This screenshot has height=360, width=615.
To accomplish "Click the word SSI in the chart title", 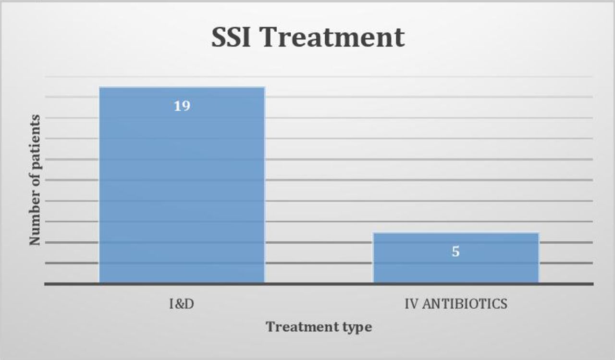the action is [x=231, y=37].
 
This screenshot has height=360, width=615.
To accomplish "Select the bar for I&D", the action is [x=182, y=185].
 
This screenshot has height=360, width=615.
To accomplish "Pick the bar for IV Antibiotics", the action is [x=456, y=258].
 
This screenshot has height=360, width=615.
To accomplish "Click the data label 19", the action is [x=182, y=106].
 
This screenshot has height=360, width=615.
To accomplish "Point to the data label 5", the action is [x=456, y=251].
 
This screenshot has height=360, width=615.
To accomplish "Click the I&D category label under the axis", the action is [x=182, y=304].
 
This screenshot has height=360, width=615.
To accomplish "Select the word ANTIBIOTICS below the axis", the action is [x=465, y=304].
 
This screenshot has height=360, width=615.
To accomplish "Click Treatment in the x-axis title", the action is [x=302, y=327].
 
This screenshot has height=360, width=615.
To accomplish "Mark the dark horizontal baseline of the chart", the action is [x=319, y=284].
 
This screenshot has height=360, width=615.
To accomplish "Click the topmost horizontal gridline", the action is [x=319, y=76].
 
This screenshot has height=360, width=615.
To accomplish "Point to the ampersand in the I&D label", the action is [x=180, y=304].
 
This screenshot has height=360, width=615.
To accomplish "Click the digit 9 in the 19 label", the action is [x=186, y=106].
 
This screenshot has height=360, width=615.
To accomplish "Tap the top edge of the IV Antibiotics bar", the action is [x=456, y=233].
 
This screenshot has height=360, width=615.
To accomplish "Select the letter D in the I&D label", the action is [x=190, y=304].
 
